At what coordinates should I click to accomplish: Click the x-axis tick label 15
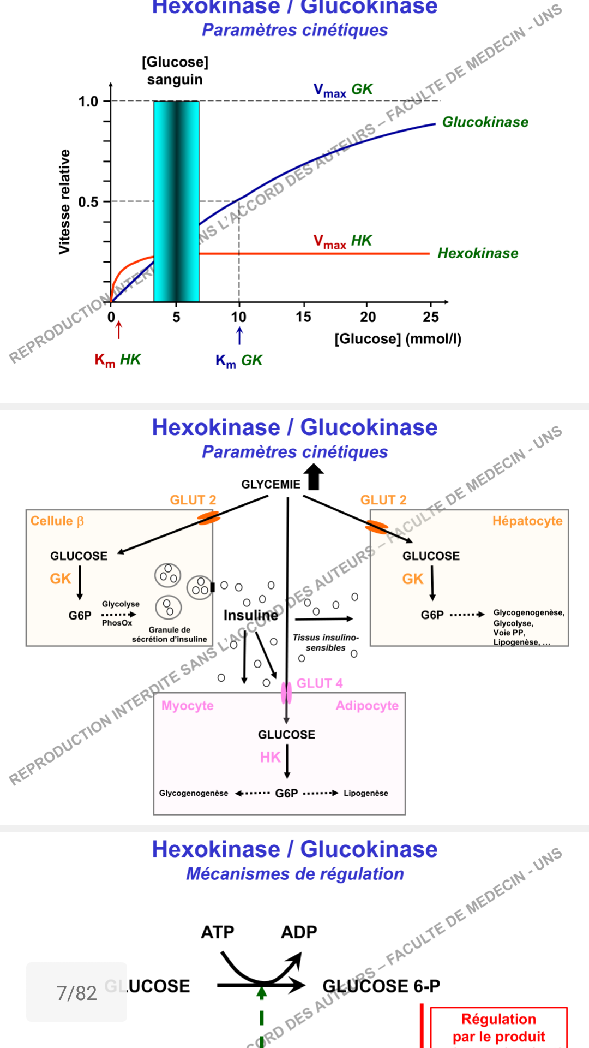pos(303,317)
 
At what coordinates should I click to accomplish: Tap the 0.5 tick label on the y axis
pos(88,202)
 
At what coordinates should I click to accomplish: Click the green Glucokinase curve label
pos(485,122)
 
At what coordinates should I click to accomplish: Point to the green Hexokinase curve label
pos(478,253)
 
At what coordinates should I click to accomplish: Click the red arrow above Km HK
pos(119,330)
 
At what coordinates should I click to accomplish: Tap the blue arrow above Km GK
pos(239,335)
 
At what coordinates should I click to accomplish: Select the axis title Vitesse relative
pos(65,202)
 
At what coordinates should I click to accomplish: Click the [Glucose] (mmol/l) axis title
pos(398,339)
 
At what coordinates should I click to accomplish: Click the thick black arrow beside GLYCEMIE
pos(314,477)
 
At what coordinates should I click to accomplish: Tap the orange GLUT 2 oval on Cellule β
pos(208,517)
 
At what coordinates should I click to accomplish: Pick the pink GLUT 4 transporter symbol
pos(286,693)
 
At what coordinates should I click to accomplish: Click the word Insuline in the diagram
pos(250,615)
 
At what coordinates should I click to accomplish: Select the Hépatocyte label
pos(527,521)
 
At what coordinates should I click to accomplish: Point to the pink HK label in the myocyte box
pos(270,757)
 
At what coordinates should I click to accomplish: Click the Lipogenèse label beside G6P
pos(365,793)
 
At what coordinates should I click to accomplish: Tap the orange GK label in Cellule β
pos(61,579)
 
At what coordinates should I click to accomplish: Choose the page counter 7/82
pos(76,993)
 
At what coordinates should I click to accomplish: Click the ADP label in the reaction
pos(299,932)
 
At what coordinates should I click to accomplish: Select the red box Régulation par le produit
pos(498,1028)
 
